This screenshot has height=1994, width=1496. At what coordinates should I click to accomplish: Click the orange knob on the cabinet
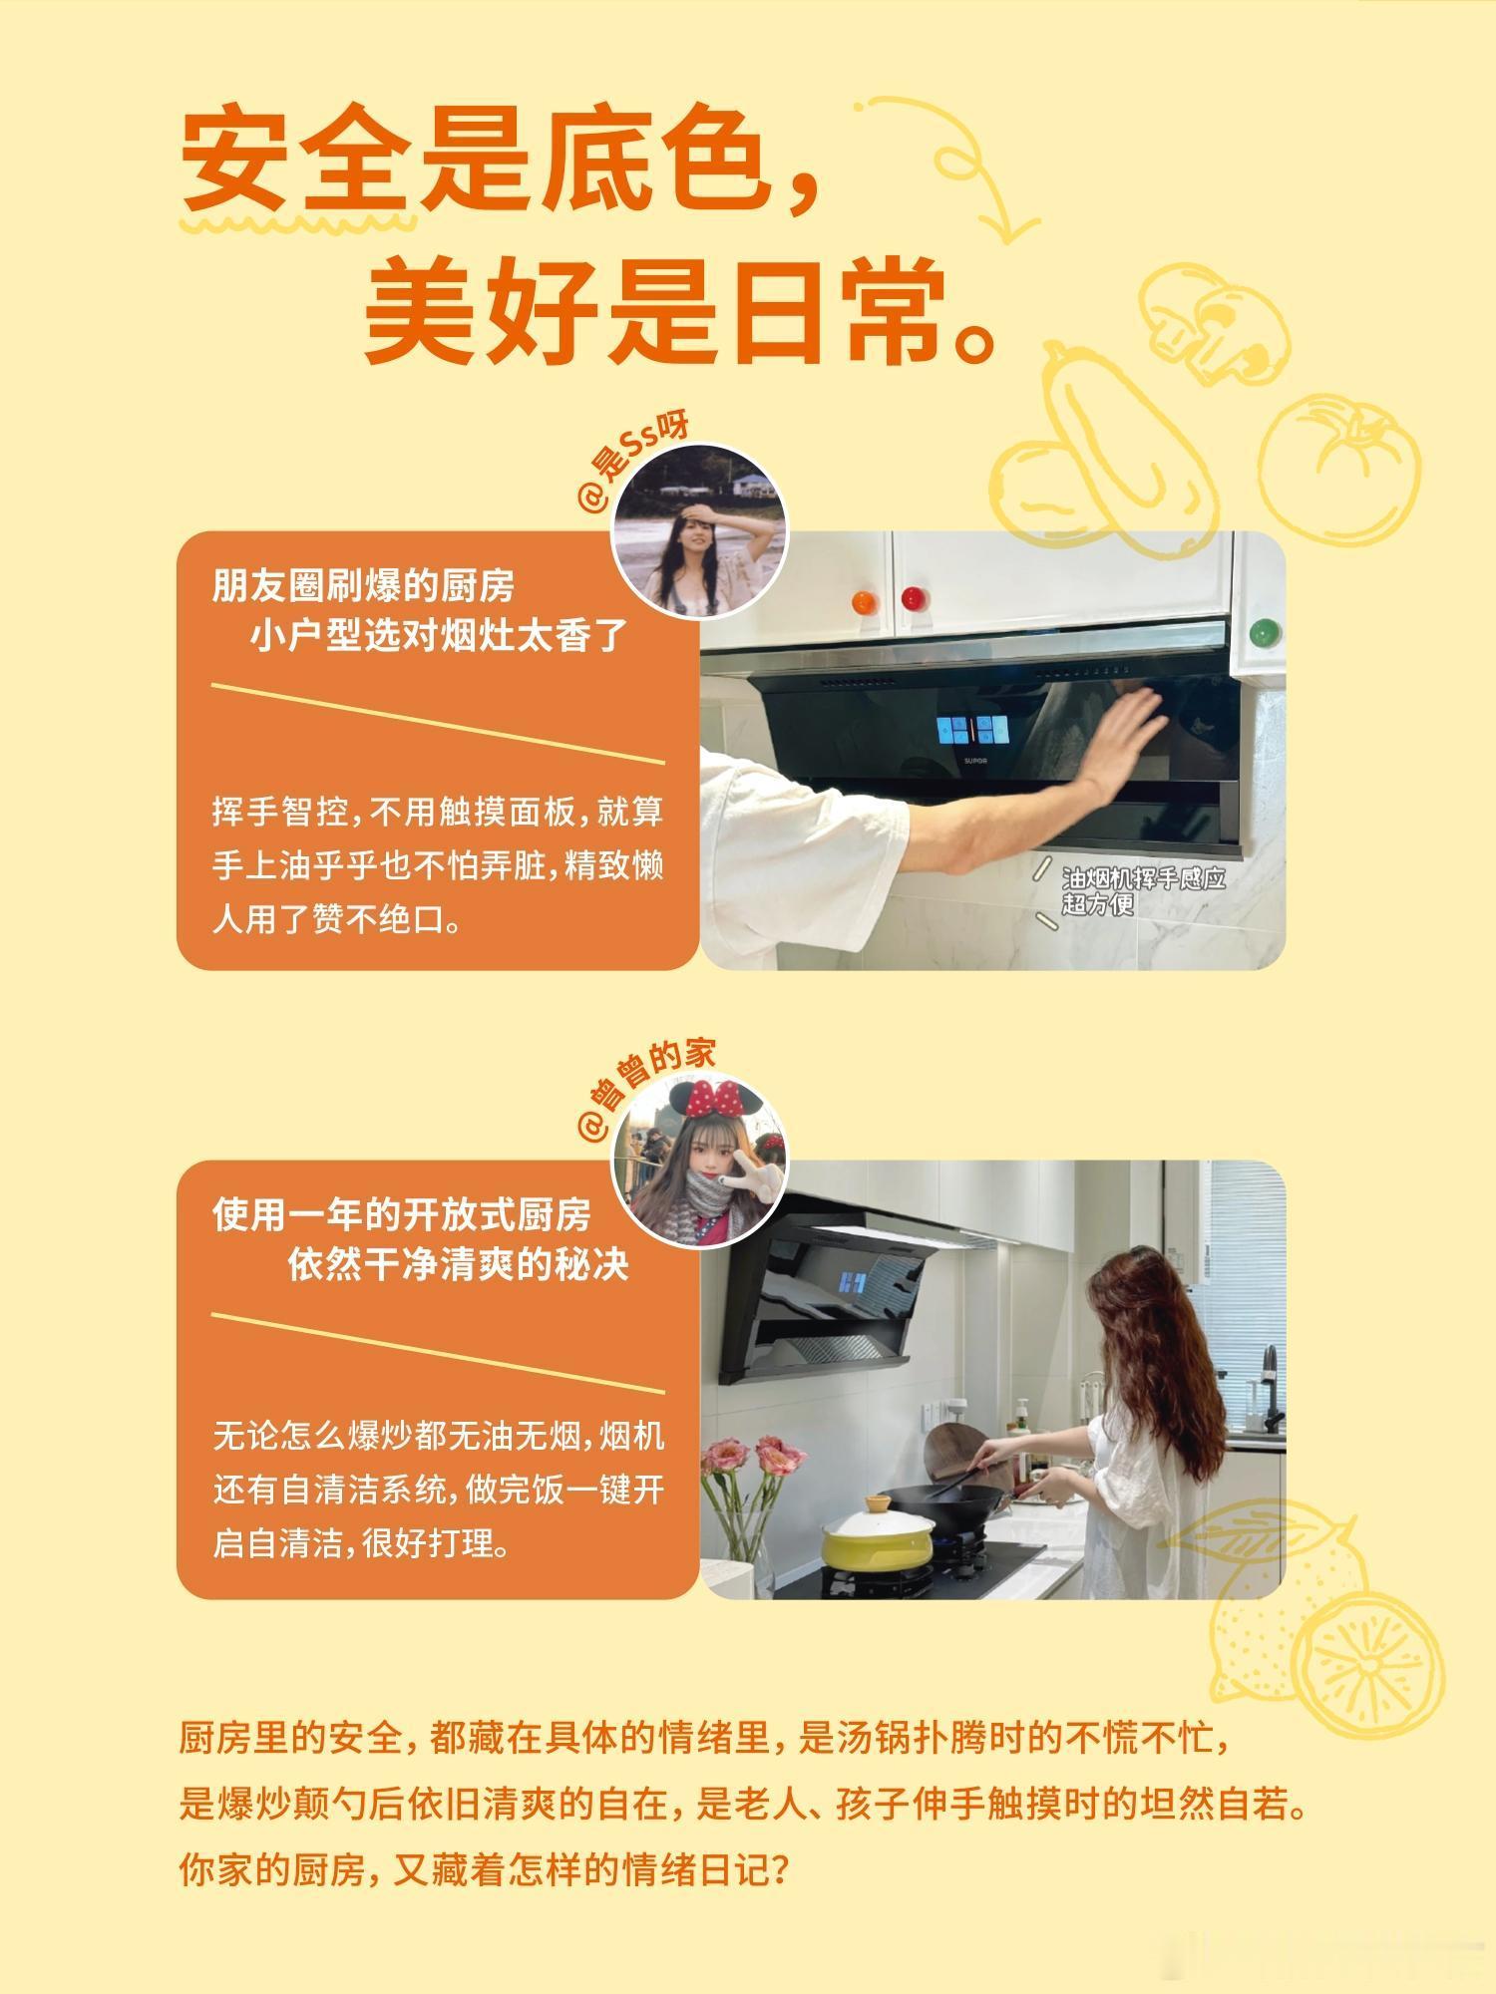(864, 600)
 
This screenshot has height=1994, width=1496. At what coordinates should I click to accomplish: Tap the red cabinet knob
(914, 599)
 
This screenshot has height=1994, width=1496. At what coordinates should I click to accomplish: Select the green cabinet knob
(1265, 632)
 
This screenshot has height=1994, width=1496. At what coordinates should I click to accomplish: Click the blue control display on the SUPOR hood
(972, 729)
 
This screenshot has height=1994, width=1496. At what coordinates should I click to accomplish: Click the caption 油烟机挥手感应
(1143, 878)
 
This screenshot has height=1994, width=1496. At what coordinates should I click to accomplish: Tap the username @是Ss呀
(633, 463)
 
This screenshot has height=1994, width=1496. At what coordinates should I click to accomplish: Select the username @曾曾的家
(646, 1089)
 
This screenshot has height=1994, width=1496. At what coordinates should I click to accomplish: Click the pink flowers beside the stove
(753, 1461)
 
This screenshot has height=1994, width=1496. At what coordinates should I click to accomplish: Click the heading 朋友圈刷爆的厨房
(363, 586)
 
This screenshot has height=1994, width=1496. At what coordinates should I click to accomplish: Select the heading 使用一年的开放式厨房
(402, 1214)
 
